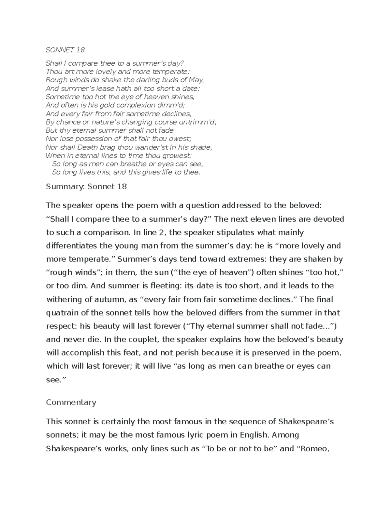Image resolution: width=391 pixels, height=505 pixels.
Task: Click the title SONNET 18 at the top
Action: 65,50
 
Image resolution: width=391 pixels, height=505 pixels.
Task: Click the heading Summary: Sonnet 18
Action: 86,187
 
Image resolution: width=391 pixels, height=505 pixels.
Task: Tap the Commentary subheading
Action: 71,402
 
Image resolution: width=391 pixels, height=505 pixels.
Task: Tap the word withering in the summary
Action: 64,299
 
